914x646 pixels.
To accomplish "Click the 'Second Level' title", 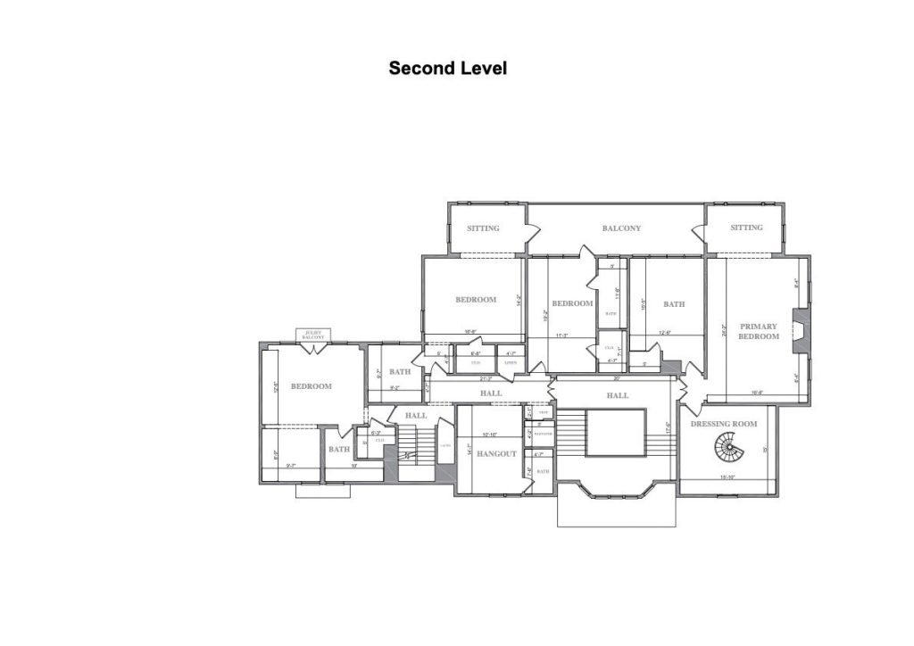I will [447, 68].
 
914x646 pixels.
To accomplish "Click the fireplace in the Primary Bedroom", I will [802, 330].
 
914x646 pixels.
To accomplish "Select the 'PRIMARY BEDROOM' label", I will [758, 331].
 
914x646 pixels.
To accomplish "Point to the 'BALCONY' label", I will [621, 228].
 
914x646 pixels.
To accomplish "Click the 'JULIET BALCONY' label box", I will [313, 335].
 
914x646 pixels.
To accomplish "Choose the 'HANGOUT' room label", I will [496, 454].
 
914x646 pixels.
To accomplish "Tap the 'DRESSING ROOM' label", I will [724, 424].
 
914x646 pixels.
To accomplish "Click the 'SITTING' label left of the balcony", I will [483, 228].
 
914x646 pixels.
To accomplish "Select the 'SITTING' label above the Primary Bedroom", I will [746, 228].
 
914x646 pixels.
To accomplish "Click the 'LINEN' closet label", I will [511, 362].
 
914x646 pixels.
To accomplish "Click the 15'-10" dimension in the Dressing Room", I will [727, 477].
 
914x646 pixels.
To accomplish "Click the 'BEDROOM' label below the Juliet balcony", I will [311, 386].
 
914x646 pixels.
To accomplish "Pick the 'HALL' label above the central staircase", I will [618, 395].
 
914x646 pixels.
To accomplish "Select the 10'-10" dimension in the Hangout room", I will [489, 435].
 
